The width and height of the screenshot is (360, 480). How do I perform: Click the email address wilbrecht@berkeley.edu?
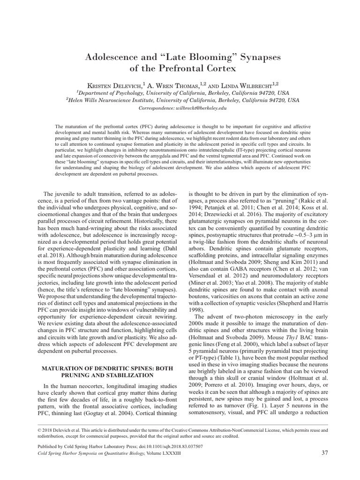pos(199,108)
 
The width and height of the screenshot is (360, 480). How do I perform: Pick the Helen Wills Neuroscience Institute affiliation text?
pos(183,100)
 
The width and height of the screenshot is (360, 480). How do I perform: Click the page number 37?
pos(325,453)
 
